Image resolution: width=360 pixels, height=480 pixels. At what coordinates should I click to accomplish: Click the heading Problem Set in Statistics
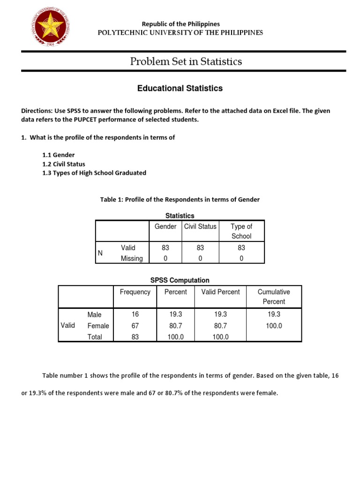pyautogui.click(x=186, y=61)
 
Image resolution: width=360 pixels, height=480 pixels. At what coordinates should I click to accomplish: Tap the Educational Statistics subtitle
pyautogui.click(x=180, y=88)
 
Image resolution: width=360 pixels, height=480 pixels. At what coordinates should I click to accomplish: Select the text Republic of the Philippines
pyautogui.click(x=180, y=23)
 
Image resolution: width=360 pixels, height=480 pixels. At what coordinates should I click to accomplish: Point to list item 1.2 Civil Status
pyautogui.click(x=64, y=164)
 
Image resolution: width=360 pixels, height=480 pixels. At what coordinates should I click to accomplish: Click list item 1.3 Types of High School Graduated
pyautogui.click(x=94, y=173)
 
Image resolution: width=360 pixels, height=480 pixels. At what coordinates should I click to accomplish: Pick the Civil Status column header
pyautogui.click(x=200, y=226)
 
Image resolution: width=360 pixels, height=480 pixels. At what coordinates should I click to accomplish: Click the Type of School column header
pyautogui.click(x=241, y=231)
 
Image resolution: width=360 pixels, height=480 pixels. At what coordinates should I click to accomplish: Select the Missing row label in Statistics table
pyautogui.click(x=132, y=258)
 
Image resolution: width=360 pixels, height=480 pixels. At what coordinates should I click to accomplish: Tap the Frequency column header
pyautogui.click(x=135, y=292)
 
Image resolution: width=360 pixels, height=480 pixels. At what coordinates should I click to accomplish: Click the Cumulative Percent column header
pyautogui.click(x=274, y=296)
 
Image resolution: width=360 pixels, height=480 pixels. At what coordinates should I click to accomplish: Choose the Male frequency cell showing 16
pyautogui.click(x=135, y=314)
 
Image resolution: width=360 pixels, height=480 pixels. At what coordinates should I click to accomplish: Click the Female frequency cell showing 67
pyautogui.click(x=135, y=325)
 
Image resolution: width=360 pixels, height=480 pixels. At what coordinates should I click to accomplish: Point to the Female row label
pyautogui.click(x=98, y=326)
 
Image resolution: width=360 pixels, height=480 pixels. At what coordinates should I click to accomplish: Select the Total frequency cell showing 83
pyautogui.click(x=135, y=337)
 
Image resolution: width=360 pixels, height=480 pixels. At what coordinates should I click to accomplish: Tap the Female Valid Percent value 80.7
pyautogui.click(x=220, y=325)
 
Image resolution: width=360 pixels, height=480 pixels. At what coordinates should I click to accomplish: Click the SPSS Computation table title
pyautogui.click(x=180, y=280)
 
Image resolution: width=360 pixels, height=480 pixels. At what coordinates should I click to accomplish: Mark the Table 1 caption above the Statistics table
pyautogui.click(x=180, y=200)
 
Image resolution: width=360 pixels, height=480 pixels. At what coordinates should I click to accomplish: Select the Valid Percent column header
pyautogui.click(x=220, y=292)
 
